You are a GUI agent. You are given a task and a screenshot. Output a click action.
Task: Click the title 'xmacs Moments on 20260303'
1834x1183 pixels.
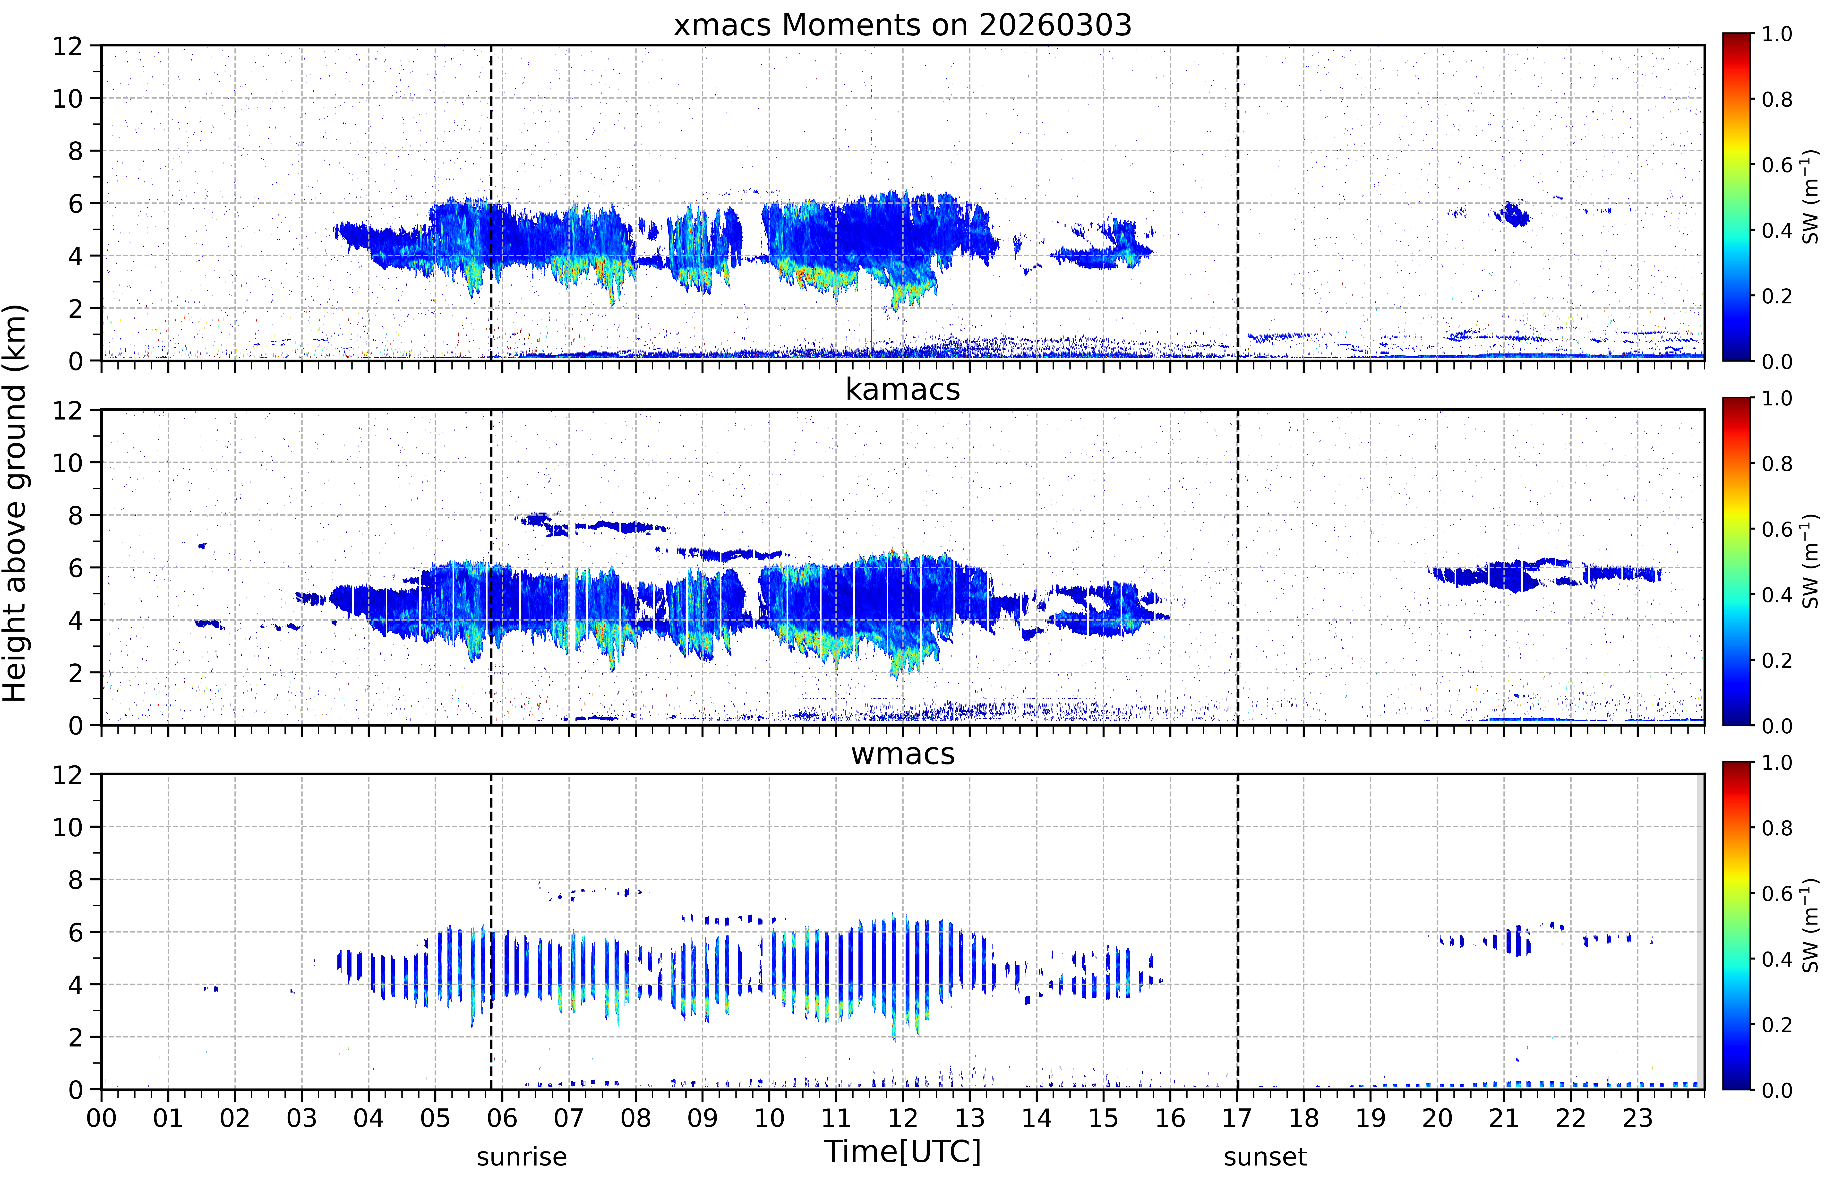[x=902, y=25]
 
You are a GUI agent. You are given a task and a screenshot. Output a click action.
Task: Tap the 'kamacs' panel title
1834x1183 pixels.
[x=902, y=389]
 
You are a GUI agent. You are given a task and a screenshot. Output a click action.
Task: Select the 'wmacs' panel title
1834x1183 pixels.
[x=902, y=754]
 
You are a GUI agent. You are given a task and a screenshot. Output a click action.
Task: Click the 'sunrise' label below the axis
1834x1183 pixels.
[x=522, y=1157]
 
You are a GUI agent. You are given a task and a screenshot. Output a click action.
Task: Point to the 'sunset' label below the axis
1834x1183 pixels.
[x=1265, y=1157]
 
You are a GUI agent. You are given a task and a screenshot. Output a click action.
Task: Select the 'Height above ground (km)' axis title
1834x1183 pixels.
[x=15, y=503]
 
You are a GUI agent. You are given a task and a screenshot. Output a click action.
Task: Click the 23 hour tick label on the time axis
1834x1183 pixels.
[x=1637, y=1118]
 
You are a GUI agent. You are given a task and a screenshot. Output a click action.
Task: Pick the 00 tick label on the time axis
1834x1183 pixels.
[x=101, y=1118]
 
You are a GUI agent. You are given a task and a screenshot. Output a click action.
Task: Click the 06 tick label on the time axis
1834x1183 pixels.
[x=502, y=1118]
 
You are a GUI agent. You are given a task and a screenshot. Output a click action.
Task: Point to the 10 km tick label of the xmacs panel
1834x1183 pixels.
[x=68, y=98]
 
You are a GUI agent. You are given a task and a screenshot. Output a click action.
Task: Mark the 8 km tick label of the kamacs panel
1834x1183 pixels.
[x=75, y=515]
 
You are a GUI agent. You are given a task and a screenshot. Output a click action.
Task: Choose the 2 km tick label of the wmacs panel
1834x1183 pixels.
[x=75, y=1037]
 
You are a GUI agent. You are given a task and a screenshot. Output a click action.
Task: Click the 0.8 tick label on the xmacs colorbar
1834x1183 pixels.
[x=1776, y=99]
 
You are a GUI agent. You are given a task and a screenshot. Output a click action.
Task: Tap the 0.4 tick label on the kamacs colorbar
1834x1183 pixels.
[x=1776, y=595]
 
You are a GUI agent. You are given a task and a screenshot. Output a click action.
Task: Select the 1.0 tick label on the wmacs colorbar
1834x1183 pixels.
[x=1776, y=763]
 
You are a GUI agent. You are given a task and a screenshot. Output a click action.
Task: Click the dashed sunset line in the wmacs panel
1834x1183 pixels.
[x=1237, y=931]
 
